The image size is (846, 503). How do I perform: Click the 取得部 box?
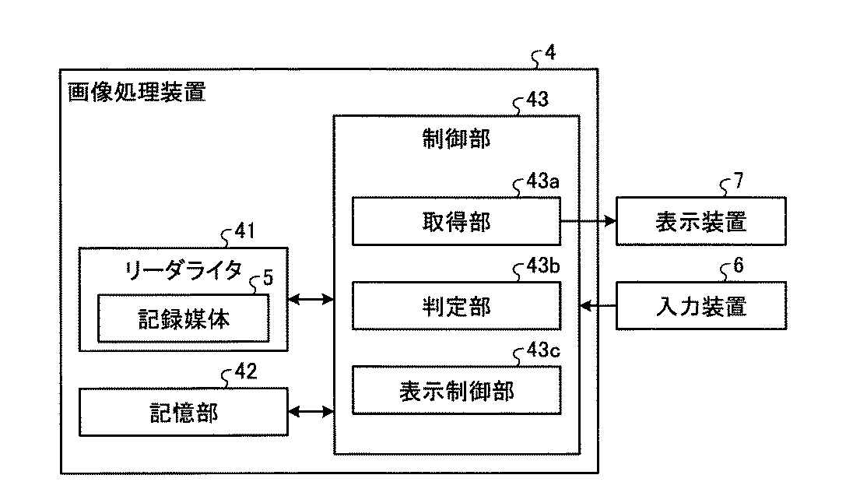click(456, 221)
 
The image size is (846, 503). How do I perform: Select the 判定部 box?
click(456, 305)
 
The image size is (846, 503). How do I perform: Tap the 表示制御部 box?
click(456, 390)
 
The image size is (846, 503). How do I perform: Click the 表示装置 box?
click(701, 221)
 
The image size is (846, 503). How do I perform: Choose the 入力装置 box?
click(701, 305)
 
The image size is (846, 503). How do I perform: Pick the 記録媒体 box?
click(184, 318)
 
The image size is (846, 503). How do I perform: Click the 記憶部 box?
click(184, 413)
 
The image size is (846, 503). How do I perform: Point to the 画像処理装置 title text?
click(136, 92)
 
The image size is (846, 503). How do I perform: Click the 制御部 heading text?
click(456, 139)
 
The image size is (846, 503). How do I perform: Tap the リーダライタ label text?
click(183, 270)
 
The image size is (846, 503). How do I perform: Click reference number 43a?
click(542, 181)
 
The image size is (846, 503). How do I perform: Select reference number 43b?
click(542, 266)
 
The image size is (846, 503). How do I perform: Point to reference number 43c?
click(542, 350)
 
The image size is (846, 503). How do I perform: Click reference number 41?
click(245, 231)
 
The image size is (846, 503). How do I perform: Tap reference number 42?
click(245, 371)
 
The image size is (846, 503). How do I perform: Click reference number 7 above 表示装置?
click(739, 181)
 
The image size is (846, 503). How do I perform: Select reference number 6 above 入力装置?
click(739, 265)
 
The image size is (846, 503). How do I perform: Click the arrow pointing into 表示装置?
click(588, 220)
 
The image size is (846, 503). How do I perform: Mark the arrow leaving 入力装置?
click(598, 306)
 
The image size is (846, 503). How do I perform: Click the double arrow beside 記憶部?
click(311, 413)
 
